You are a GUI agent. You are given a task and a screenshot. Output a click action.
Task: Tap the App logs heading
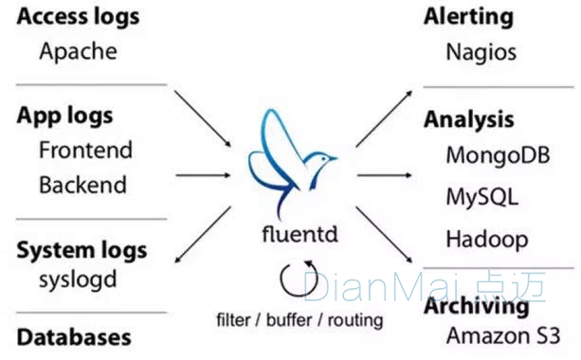[x=65, y=116]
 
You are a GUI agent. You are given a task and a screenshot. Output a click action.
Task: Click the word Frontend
[x=85, y=150]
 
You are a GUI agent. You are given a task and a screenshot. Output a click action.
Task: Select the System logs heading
[x=82, y=251]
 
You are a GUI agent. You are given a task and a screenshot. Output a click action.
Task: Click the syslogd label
[x=78, y=281]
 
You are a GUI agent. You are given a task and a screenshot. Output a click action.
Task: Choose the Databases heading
[x=74, y=336]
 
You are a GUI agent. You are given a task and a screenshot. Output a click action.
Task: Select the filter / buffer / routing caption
[x=300, y=319]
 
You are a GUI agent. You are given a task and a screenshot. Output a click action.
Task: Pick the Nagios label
[x=481, y=51]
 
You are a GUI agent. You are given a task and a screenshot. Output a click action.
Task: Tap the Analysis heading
[x=468, y=119]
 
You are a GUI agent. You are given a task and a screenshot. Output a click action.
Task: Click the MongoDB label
[x=497, y=154]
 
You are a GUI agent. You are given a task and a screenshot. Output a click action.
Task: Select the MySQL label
[x=481, y=196]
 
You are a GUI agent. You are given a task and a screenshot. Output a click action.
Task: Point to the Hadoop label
[x=486, y=238]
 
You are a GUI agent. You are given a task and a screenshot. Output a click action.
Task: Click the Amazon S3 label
[x=502, y=335]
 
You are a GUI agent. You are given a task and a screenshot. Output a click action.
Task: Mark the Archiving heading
[x=476, y=307]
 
